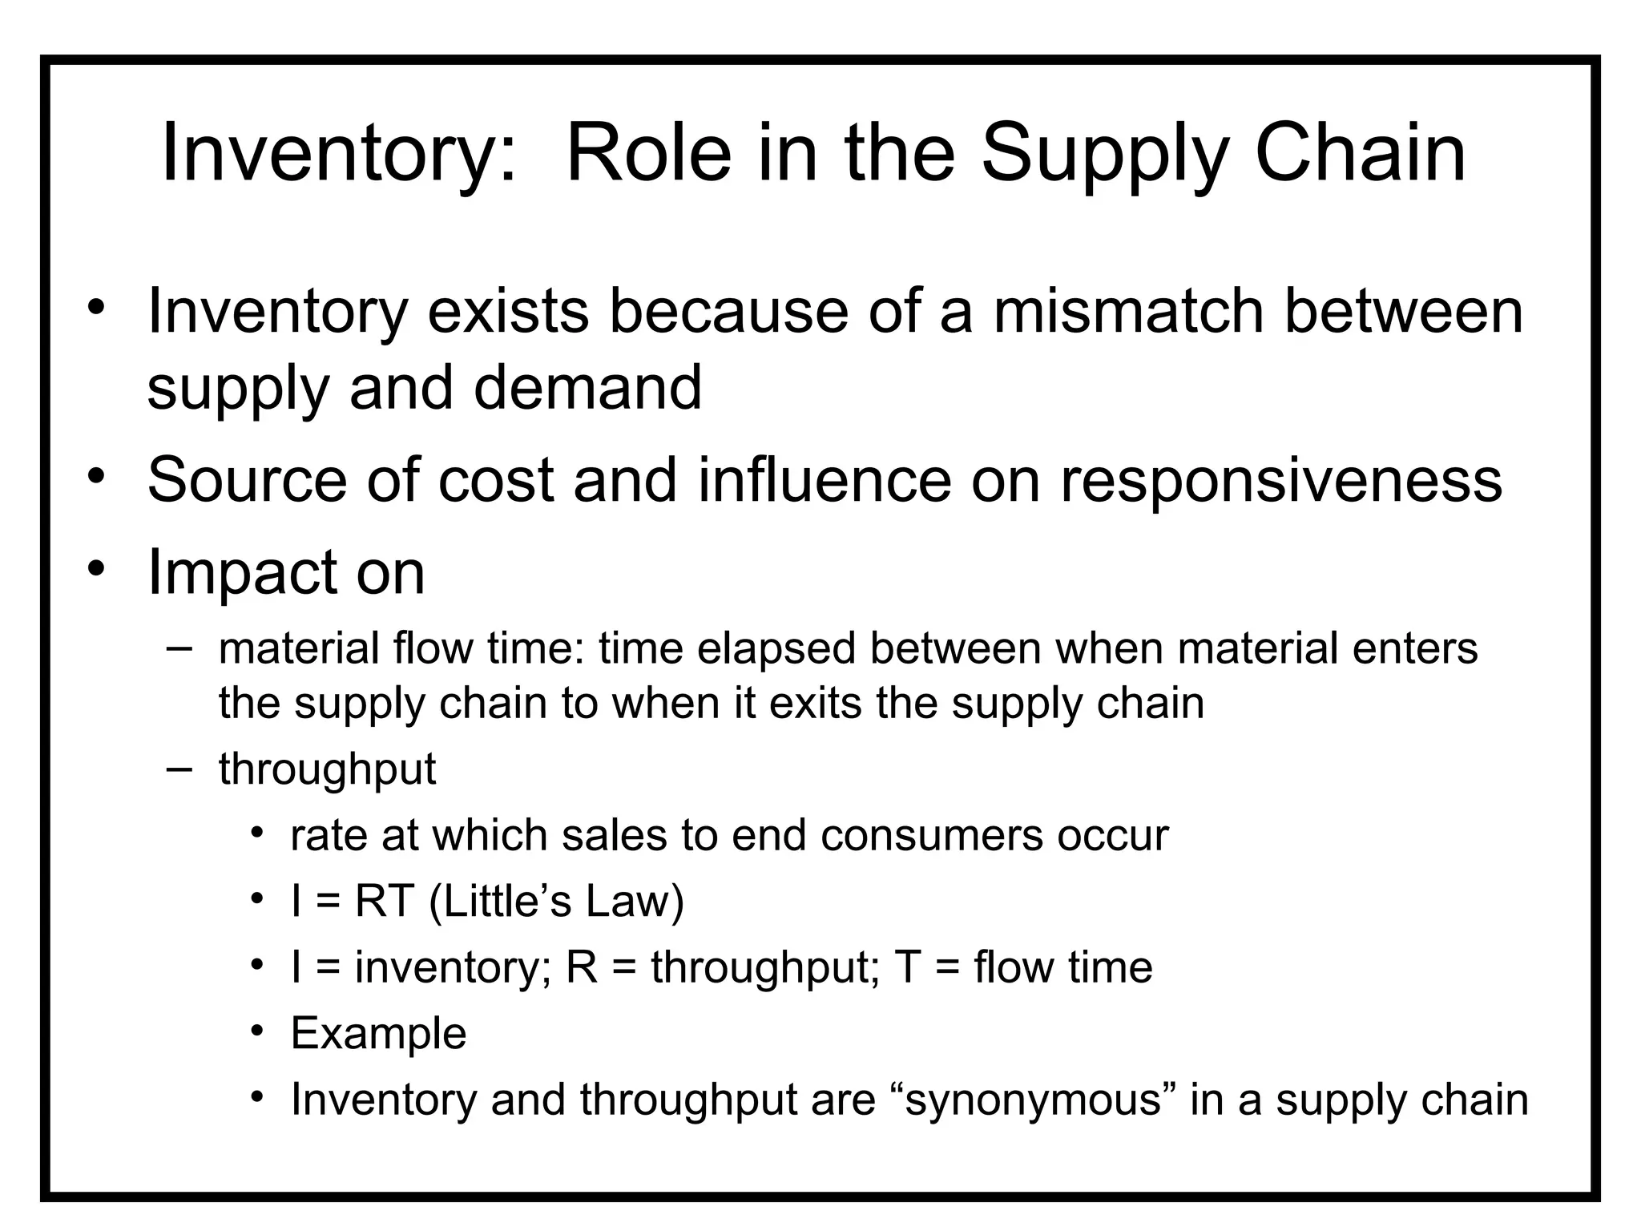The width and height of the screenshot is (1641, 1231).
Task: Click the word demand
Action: (587, 387)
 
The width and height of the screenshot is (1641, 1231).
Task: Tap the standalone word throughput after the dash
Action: (327, 769)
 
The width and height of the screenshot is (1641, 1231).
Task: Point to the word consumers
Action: (931, 835)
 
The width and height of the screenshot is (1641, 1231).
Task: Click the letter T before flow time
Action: (908, 967)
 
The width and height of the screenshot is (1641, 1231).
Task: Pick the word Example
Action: (378, 1033)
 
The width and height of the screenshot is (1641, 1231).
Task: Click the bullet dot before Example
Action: (256, 1030)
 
